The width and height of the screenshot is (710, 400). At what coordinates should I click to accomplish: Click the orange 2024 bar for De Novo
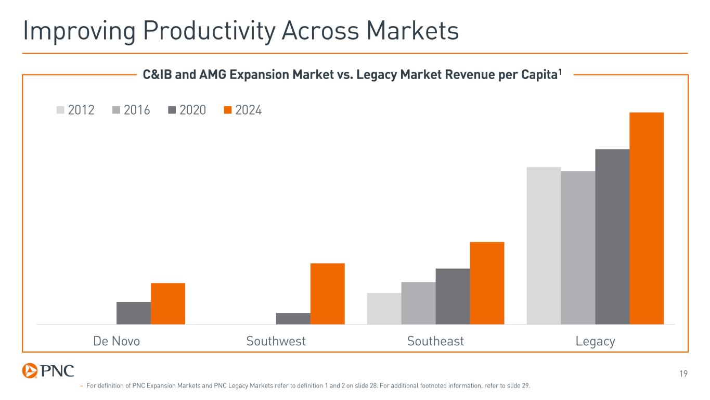pos(168,304)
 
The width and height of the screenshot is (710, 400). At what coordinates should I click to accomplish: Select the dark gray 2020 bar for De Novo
pos(134,313)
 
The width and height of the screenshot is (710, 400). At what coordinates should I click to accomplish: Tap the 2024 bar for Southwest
pos(328,294)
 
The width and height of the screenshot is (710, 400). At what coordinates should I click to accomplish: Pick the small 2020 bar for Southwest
pos(293,319)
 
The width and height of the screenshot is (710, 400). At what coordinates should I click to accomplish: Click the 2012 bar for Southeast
pos(384,308)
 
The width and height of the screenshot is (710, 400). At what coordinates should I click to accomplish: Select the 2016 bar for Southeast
pos(419,303)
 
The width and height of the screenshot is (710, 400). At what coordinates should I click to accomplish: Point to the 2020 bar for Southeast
pos(453,296)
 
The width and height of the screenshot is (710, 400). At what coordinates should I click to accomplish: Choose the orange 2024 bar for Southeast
pos(487,283)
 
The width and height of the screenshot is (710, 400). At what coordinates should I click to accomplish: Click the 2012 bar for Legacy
pos(544,245)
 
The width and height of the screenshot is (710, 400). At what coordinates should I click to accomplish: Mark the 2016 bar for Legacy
pos(578,247)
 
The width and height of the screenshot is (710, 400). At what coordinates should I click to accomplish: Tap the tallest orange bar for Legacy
pos(647,218)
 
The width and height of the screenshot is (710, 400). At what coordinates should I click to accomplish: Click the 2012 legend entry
pos(75,110)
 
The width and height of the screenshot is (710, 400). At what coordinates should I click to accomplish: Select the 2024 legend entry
pos(243,110)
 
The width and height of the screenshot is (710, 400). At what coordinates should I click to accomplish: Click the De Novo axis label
pos(117,342)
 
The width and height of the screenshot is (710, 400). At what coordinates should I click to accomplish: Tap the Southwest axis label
pos(276,342)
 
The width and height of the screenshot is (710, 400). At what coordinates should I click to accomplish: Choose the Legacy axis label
pos(596,342)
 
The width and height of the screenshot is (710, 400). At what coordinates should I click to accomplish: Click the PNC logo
pos(48,371)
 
